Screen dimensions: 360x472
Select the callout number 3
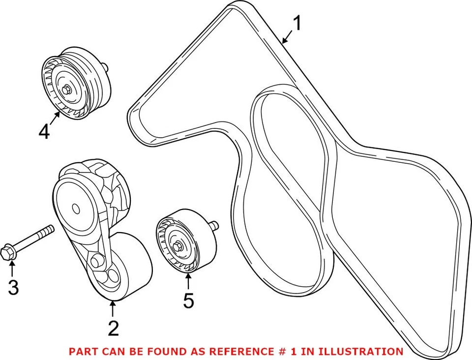(x=13, y=287)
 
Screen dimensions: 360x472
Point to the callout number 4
(x=44, y=131)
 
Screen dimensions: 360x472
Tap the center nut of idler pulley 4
(x=66, y=90)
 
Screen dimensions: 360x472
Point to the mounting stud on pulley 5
(x=214, y=226)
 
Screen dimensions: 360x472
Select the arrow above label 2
(x=113, y=308)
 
